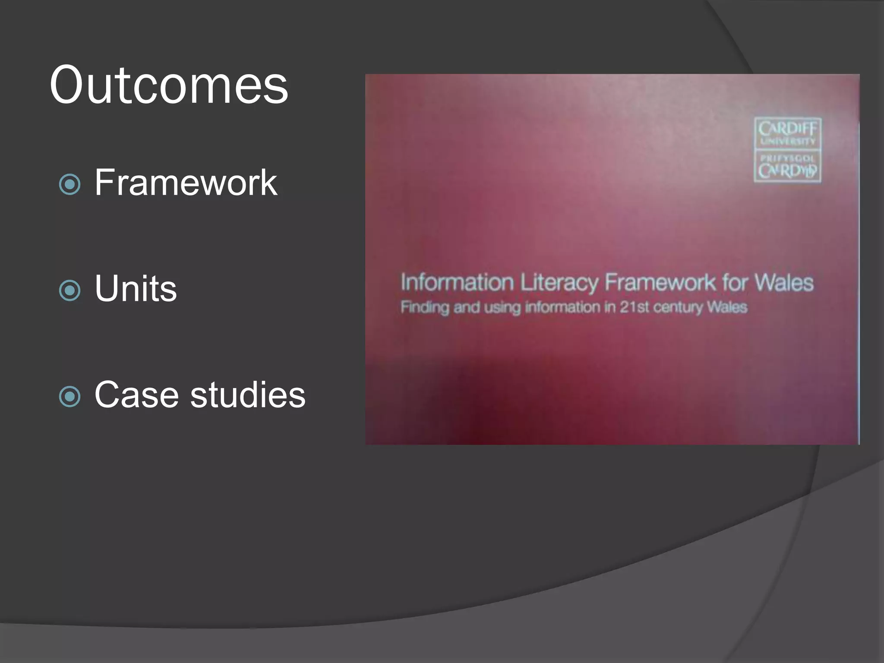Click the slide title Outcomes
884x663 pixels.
coord(169,85)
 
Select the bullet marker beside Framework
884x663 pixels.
coord(69,184)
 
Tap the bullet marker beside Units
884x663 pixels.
coord(69,290)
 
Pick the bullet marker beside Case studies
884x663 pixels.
coord(69,396)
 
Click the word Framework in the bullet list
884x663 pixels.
coord(186,183)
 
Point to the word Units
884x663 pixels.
coord(136,288)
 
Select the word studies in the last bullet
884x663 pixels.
coord(248,395)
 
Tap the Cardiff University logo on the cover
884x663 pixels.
coord(787,150)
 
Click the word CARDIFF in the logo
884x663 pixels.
coord(787,129)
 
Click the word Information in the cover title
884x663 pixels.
coord(457,283)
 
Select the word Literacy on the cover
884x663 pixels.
coord(559,283)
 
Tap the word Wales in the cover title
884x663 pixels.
coord(784,283)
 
